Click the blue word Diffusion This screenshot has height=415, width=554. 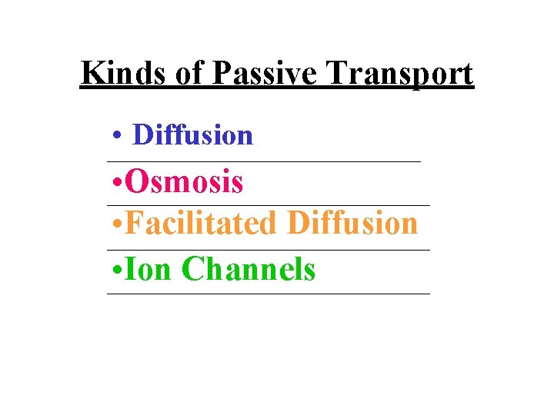point(192,135)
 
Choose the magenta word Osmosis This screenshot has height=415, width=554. point(184,183)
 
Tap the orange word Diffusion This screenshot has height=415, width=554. point(352,224)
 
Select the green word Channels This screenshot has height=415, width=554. point(249,269)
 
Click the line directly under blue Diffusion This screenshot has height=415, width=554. point(265,161)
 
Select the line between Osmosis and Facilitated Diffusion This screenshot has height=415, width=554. point(269,205)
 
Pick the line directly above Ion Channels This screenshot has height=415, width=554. point(269,250)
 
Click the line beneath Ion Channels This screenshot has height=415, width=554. point(269,294)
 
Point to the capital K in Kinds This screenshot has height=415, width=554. point(92,74)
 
